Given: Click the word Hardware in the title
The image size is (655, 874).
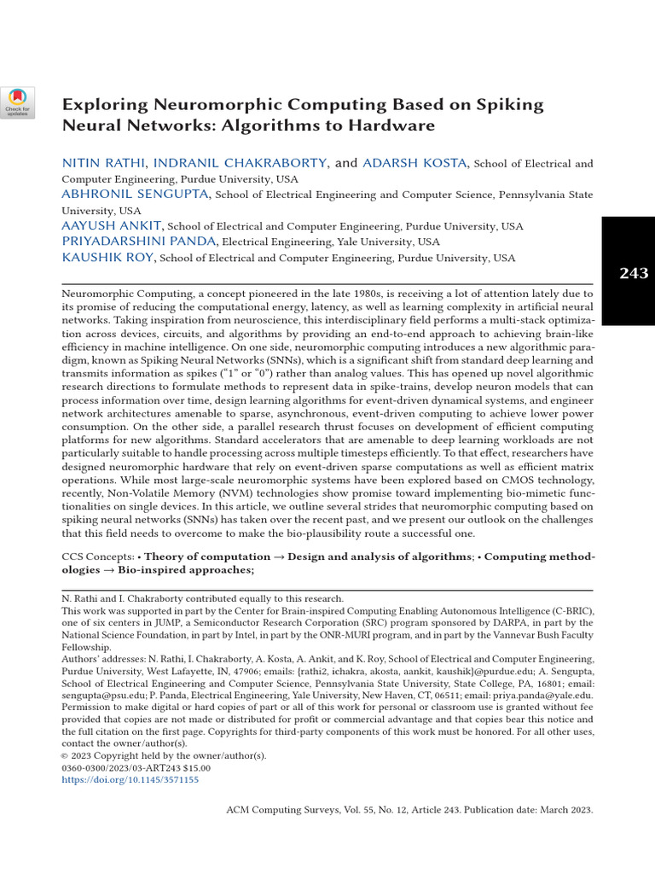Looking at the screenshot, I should (395, 125).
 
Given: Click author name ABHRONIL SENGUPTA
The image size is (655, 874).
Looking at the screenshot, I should (135, 195).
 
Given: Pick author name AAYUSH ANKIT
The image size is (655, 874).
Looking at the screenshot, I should (111, 226).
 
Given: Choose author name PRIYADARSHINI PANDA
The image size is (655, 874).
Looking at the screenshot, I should (139, 242).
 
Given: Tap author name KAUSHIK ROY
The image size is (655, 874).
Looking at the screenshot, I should (107, 258).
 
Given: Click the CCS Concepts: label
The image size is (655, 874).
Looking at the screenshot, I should (97, 556).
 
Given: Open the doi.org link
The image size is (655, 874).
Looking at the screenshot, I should (130, 779).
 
